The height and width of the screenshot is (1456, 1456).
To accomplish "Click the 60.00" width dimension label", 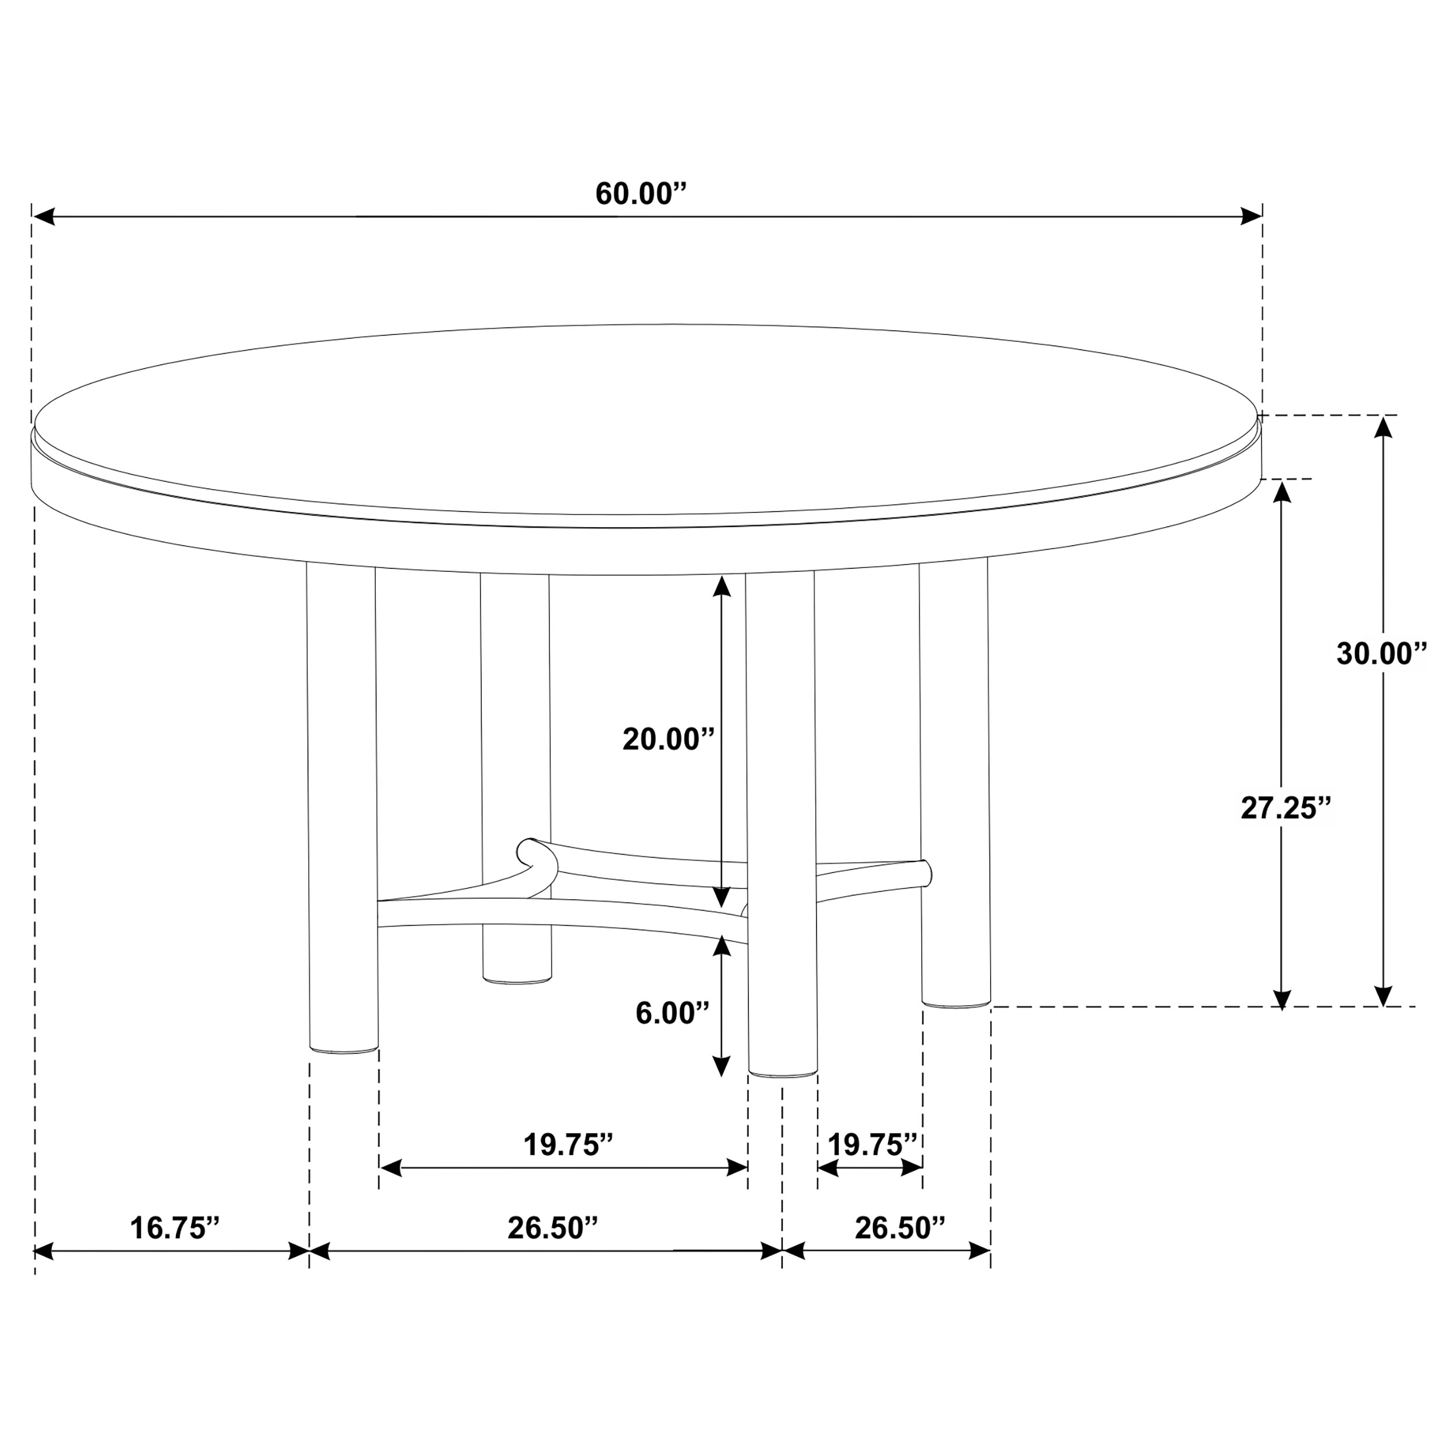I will (x=641, y=195).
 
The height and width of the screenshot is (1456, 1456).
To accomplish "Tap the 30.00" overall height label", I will (x=1382, y=654).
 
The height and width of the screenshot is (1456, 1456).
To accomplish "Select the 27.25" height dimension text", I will (x=1287, y=808).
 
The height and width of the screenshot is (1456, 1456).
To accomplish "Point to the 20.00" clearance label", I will (x=667, y=739).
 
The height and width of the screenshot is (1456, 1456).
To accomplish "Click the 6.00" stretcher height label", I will (x=672, y=1013).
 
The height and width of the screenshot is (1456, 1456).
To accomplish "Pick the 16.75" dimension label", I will (x=175, y=1228).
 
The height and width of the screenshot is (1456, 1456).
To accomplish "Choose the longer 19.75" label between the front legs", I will (x=568, y=1146).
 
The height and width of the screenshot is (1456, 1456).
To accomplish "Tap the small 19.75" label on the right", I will (x=872, y=1146).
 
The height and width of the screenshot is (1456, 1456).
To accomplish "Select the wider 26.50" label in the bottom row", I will (x=552, y=1228).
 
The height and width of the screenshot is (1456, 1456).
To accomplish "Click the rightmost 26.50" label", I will (x=899, y=1228).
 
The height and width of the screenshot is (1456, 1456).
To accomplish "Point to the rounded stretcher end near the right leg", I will (x=925, y=872).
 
